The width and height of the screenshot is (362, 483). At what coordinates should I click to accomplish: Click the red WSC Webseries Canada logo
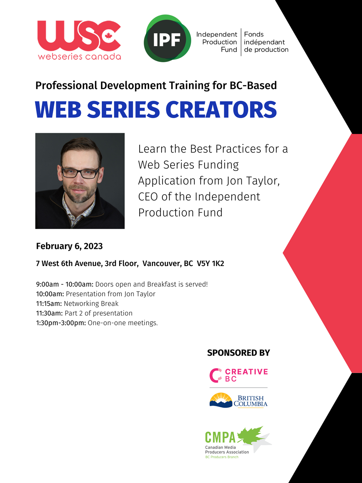(x=79, y=40)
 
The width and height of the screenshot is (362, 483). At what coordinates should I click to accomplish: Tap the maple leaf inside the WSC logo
(x=108, y=36)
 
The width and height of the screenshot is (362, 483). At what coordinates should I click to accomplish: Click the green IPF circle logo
(x=167, y=38)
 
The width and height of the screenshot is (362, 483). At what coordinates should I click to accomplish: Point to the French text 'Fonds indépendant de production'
(x=266, y=42)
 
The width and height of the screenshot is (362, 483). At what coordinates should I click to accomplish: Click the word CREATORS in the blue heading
(x=221, y=109)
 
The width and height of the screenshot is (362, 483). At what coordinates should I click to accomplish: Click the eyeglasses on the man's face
(x=80, y=173)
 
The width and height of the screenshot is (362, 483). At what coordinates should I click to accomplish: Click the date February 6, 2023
(x=69, y=246)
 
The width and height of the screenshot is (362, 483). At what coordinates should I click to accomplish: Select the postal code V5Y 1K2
(x=211, y=263)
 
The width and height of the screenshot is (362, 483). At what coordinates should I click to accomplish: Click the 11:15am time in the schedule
(x=49, y=304)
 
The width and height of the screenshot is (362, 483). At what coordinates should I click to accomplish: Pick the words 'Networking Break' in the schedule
(x=91, y=304)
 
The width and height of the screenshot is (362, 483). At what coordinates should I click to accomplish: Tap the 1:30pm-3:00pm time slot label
(x=61, y=323)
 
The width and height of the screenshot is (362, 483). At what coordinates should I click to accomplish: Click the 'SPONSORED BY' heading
(x=238, y=353)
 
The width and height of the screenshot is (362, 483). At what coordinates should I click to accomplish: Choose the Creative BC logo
(x=238, y=375)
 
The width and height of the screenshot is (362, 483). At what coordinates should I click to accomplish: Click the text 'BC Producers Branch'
(x=222, y=457)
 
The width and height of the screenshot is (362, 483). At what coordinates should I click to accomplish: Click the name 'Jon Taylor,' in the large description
(x=253, y=181)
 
